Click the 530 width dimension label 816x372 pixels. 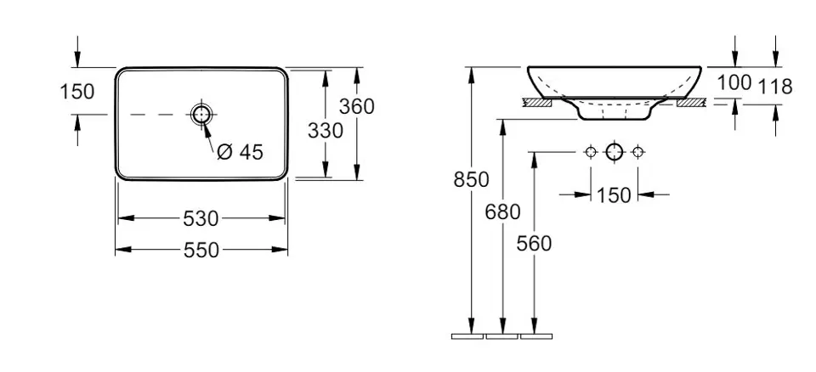201,218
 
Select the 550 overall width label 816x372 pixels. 201,251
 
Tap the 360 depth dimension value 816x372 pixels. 356,106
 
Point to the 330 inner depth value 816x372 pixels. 326,130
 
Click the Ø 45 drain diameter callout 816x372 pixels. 240,152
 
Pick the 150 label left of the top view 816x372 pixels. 77,92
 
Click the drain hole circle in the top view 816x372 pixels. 201,115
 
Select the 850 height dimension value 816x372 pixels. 472,179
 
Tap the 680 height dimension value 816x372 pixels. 502,211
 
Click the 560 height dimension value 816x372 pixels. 534,243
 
